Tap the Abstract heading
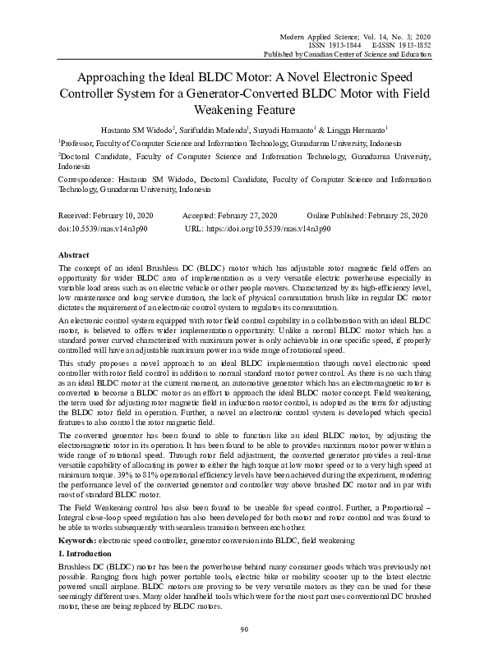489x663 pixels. [76, 255]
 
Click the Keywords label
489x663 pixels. [78, 542]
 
